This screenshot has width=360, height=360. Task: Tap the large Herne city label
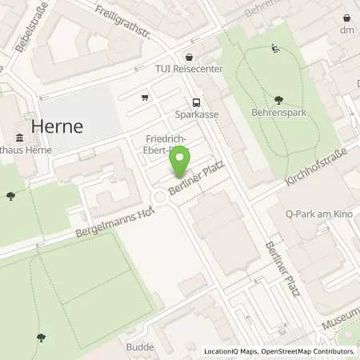pos(58,126)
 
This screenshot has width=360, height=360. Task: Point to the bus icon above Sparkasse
pos(196,102)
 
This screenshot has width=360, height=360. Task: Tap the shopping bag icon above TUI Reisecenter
pos(188,57)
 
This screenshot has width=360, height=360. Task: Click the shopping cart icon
pos(145,98)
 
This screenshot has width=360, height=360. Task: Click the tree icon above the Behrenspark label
pos(278,100)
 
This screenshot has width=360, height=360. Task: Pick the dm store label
pos(347,30)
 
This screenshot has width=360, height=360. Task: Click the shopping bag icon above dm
pos(347,17)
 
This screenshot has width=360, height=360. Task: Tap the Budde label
pos(139,347)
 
